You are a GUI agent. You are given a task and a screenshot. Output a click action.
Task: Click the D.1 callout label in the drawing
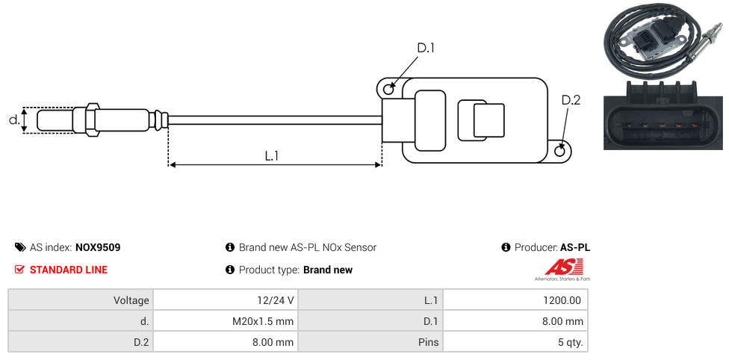coord(426,48)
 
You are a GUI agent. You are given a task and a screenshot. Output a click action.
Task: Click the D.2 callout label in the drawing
coord(571,100)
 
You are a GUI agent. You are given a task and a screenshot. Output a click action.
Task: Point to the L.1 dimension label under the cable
coord(272,156)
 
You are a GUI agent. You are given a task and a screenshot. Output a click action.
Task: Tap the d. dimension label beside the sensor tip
coord(14,120)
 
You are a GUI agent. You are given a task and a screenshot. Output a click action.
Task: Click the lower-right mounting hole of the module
coord(560,151)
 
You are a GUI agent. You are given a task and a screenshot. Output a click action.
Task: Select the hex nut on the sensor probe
coord(92,120)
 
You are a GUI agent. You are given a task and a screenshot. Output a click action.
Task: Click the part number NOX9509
coord(98,247)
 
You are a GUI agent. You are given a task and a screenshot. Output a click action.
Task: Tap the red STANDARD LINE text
coord(69,270)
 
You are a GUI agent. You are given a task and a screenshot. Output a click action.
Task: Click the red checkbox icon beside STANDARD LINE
coord(19,270)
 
